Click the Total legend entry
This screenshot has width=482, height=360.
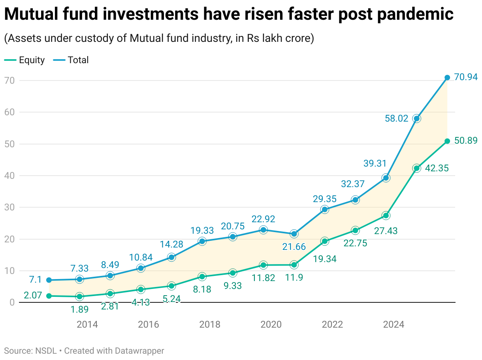(71, 60)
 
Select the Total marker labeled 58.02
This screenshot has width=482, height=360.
(416, 118)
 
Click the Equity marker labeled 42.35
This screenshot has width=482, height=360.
(416, 168)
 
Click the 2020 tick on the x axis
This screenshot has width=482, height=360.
(271, 325)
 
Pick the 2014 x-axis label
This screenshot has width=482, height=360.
(87, 325)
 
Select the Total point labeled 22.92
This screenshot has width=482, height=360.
(264, 230)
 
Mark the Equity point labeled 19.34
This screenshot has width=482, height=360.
(325, 241)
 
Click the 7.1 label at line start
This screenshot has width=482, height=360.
(36, 280)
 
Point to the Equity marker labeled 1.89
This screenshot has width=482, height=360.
(79, 296)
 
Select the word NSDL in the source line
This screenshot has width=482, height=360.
(46, 351)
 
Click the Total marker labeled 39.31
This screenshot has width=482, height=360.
(386, 178)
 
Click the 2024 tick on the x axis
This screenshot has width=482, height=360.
(394, 325)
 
